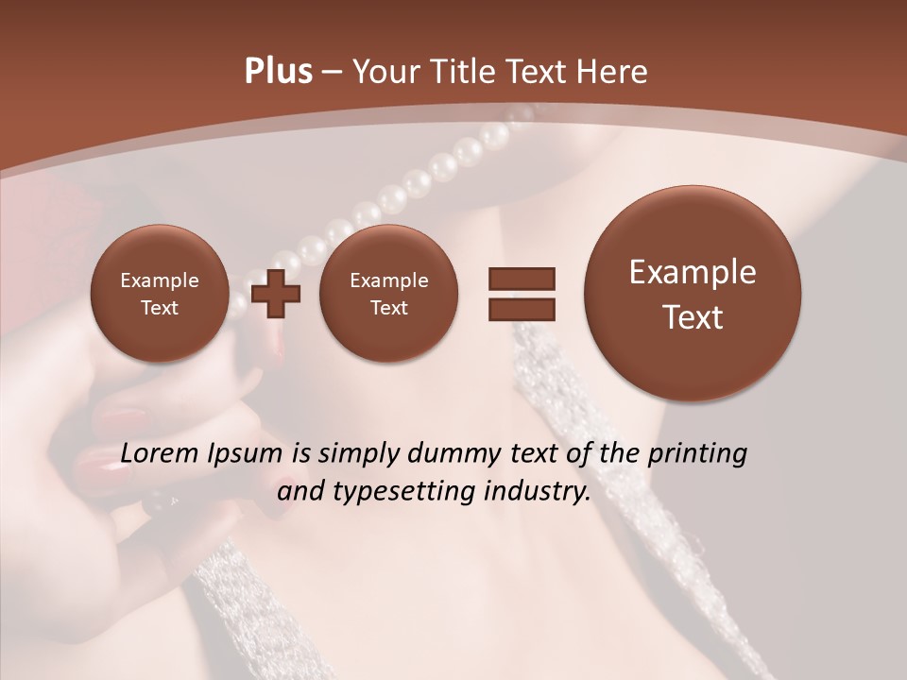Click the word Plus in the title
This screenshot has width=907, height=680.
(278, 72)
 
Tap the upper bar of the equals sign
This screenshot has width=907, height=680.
(521, 279)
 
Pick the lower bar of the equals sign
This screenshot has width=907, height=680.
(521, 308)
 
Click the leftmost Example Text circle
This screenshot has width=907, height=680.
(159, 294)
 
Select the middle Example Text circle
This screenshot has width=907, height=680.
(388, 294)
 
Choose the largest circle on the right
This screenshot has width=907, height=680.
(693, 294)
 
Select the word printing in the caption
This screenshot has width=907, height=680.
(700, 455)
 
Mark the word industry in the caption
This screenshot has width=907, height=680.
(541, 492)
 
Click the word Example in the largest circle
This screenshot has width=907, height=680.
(693, 272)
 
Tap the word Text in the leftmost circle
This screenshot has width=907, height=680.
(159, 308)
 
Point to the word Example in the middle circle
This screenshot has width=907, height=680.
(388, 280)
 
